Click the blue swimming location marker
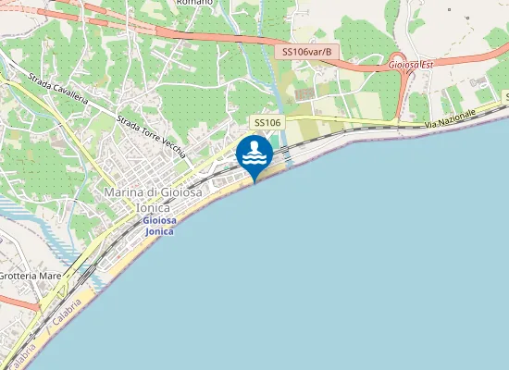point(254,154)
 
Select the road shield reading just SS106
point(267,123)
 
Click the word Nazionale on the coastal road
point(461,116)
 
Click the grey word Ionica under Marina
point(153,207)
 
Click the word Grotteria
point(17,276)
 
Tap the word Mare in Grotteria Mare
point(50,276)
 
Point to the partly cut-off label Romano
point(193,3)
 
